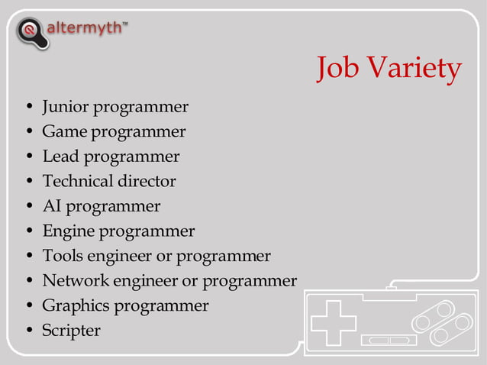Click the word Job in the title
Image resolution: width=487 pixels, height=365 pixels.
338,69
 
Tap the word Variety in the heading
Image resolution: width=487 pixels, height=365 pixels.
414,69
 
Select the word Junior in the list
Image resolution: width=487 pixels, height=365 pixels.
64,107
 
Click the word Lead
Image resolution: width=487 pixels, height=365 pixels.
60,157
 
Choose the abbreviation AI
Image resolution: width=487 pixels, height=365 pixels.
50,206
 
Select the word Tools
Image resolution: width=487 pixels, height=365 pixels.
62,256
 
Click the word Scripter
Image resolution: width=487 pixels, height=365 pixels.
71,331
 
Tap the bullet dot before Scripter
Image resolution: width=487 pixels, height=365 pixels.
29,331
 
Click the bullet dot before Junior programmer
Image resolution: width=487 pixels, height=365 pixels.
29,107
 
